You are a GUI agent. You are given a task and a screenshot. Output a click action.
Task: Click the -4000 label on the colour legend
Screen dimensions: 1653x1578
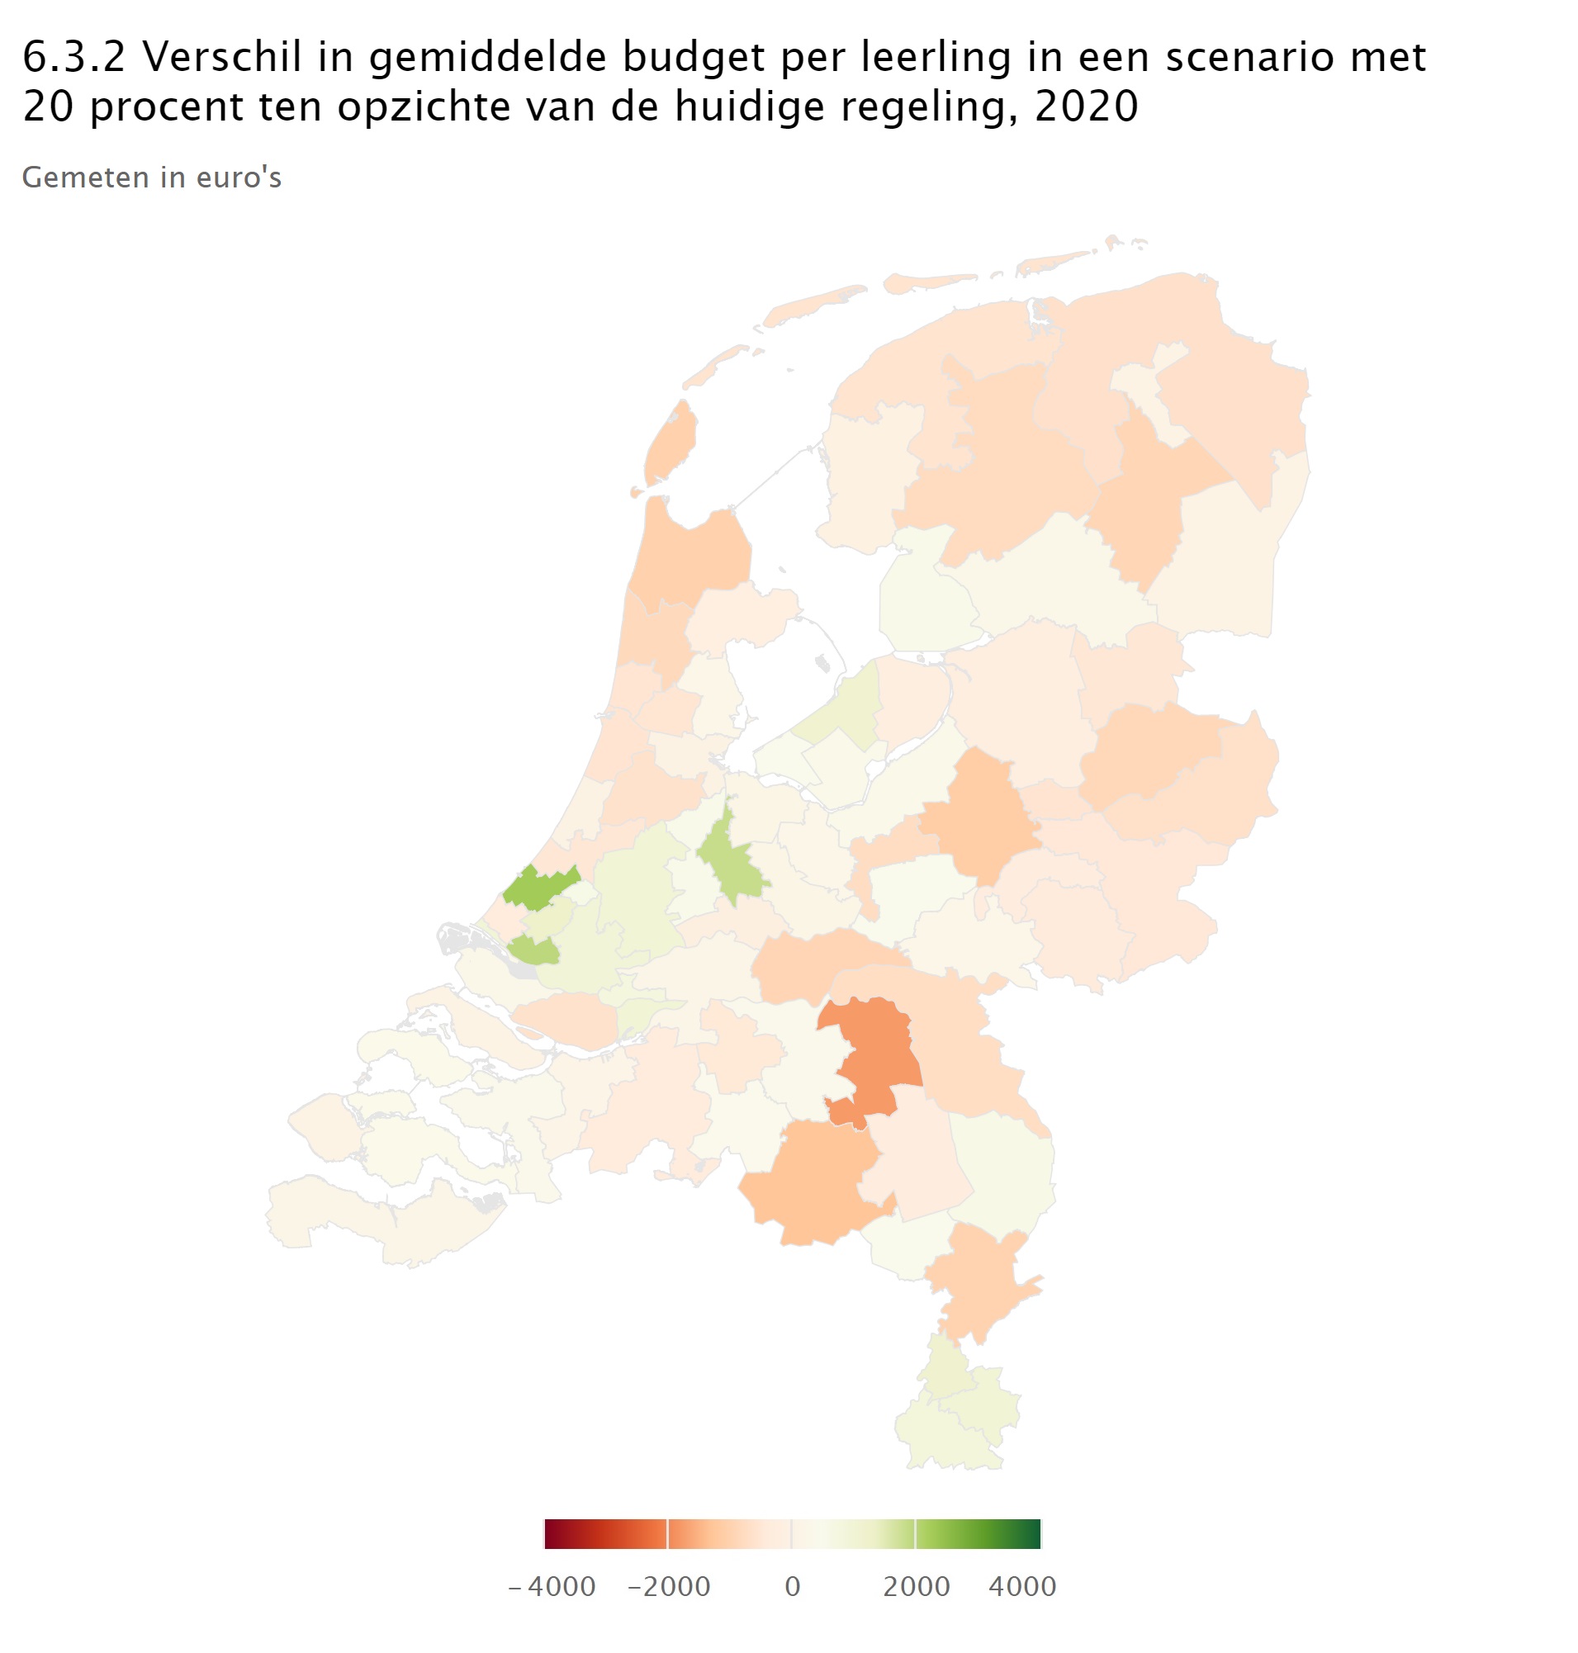pos(552,1587)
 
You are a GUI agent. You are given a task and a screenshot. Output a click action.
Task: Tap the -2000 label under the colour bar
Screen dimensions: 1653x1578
pos(670,1587)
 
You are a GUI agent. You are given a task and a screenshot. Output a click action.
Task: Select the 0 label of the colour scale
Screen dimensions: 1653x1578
pos(793,1587)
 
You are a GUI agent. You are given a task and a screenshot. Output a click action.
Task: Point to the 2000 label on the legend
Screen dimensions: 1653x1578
pos(916,1587)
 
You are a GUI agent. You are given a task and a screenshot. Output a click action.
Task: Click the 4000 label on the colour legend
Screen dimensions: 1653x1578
pos(1022,1587)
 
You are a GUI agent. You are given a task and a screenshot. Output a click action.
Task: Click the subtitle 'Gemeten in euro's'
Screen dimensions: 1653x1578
pos(151,178)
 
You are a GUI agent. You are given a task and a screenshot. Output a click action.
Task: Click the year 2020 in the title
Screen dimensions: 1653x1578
pos(1086,107)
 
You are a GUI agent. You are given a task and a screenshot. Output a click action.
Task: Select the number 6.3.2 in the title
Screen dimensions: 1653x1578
pos(73,57)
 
